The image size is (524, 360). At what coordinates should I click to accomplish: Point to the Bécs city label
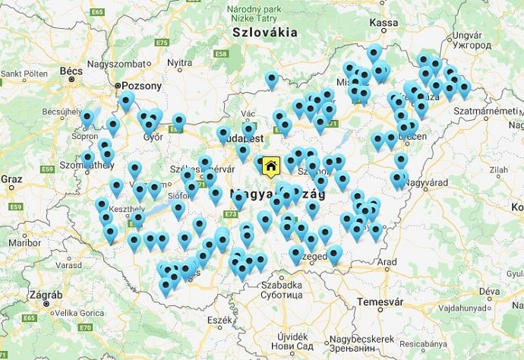tap(71, 71)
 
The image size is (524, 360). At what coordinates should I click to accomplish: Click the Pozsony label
tap(137, 87)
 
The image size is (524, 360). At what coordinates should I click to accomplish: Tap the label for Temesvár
tap(375, 301)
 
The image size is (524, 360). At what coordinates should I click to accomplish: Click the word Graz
tap(11, 179)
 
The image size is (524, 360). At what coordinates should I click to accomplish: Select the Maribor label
tap(23, 243)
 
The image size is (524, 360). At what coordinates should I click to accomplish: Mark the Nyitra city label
tap(179, 62)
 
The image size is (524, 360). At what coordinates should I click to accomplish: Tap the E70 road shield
tap(85, 327)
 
